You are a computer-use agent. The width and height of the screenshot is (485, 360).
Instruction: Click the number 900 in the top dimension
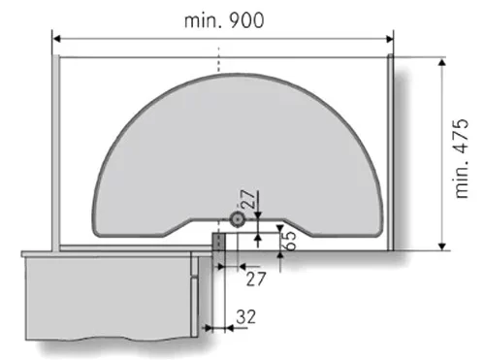tap(246, 20)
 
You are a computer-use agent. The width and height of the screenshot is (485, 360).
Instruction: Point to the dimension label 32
tap(245, 317)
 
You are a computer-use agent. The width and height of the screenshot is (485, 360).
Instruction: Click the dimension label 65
tap(290, 241)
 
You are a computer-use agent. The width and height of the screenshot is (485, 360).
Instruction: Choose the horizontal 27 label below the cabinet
tap(256, 279)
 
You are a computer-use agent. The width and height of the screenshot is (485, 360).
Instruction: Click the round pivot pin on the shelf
tap(238, 219)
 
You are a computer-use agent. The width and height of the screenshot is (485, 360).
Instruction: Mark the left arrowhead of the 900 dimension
tap(56, 39)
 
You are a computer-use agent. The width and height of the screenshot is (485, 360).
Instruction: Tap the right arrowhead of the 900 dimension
tap(390, 39)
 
